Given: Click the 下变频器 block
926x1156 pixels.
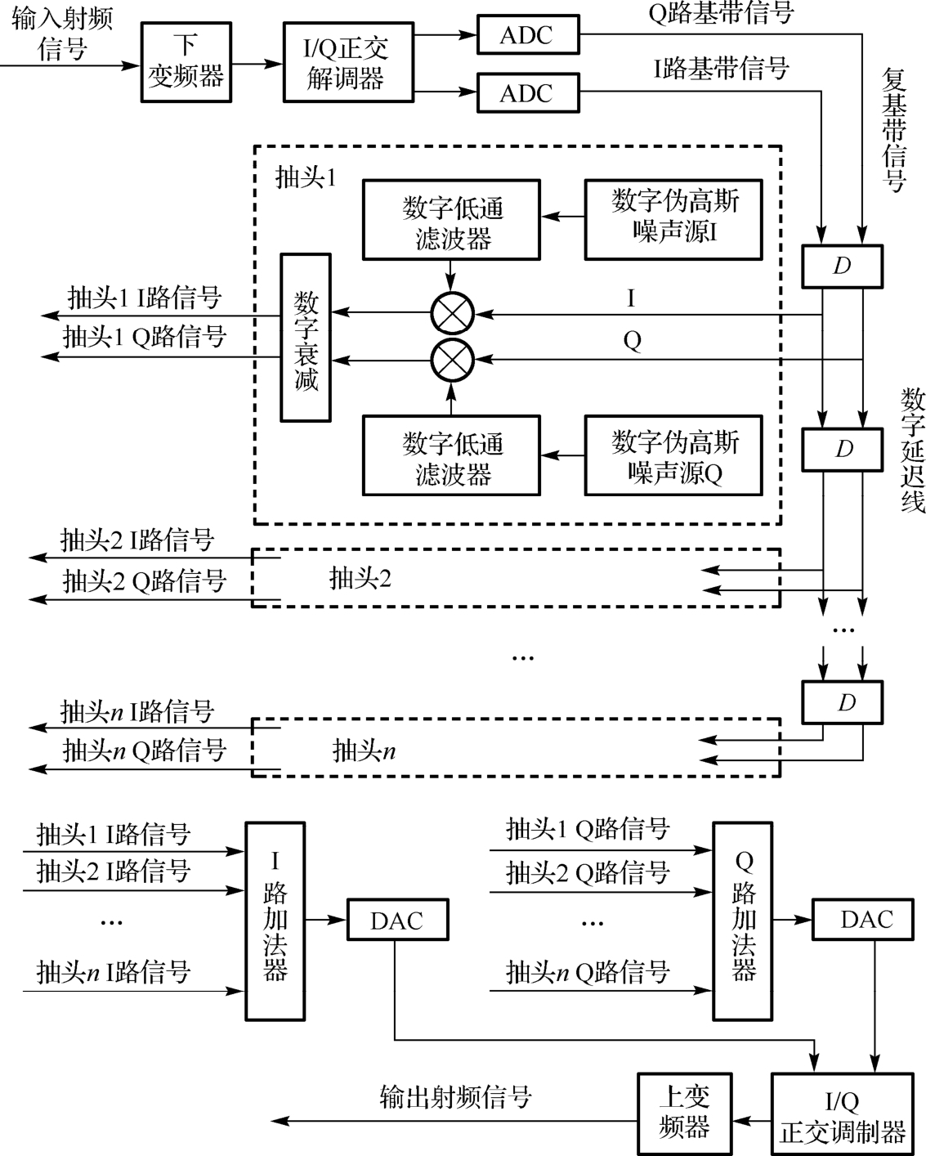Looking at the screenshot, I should tap(186, 61).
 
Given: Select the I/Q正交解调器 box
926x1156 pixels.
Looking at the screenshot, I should tap(347, 62).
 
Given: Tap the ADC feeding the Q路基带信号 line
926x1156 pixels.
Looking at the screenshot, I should tap(527, 35).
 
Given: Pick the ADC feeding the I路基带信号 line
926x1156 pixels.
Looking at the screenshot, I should tap(527, 93).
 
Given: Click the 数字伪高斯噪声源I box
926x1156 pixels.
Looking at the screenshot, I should tap(673, 220).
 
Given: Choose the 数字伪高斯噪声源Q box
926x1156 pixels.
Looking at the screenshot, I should tap(673, 456).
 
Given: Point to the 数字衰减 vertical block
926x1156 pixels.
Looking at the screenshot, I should tap(306, 338).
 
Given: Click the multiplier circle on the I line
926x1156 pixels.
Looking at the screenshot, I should tap(452, 313).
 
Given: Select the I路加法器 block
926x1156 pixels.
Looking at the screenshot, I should tap(275, 921).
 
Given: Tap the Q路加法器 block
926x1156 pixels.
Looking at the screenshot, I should tap(743, 921).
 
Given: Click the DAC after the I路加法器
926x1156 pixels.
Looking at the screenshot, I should tap(397, 921).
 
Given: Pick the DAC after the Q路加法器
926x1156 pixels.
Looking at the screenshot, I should tap(866, 920).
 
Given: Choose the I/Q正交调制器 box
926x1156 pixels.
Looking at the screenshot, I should tap(842, 1115).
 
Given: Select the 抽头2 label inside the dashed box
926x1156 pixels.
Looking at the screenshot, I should tap(360, 579).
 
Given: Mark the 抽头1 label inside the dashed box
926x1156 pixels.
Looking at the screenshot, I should tap(306, 177).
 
